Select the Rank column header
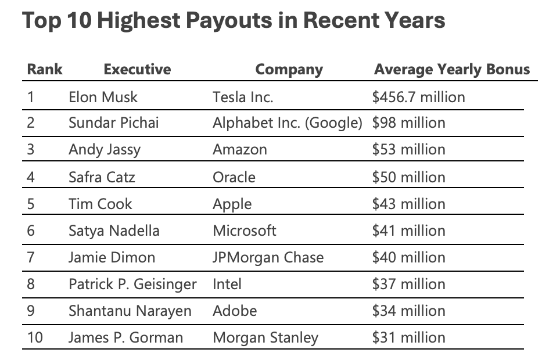(44, 70)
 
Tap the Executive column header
(137, 70)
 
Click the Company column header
(289, 70)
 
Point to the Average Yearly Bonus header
(452, 70)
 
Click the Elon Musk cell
(103, 96)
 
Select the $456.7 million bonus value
(418, 96)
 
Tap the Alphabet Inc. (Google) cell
(288, 123)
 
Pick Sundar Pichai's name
(113, 123)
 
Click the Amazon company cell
(240, 150)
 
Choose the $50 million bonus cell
(408, 177)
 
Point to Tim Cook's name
(100, 204)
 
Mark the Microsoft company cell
(245, 231)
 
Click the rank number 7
(31, 257)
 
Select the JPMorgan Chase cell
(268, 257)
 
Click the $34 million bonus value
(408, 311)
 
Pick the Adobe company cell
(235, 311)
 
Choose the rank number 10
(34, 337)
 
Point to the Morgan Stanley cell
(265, 337)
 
